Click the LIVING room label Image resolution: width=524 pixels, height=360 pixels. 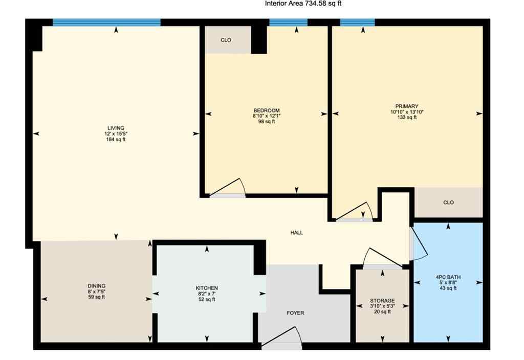point(115,128)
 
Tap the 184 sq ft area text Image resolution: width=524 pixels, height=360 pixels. point(115,140)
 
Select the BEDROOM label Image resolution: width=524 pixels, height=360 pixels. point(267,110)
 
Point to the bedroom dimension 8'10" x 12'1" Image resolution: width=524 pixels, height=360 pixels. point(267,116)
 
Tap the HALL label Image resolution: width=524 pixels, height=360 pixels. point(296,233)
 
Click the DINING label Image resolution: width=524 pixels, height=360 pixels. point(96,286)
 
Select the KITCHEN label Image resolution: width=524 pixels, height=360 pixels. point(207,288)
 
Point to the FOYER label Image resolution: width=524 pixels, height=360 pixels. point(296,313)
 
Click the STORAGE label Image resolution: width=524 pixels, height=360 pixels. point(382,301)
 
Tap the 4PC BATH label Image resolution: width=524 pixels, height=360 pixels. point(448,277)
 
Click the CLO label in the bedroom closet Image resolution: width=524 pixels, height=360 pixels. point(226,40)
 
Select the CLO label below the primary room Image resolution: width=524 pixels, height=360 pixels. point(448,202)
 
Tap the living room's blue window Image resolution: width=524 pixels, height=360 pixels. point(106,22)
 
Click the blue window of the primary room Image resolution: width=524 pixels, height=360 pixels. point(357,22)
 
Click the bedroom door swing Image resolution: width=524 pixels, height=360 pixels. point(230,188)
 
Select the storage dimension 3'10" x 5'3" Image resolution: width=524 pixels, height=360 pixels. point(382,307)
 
